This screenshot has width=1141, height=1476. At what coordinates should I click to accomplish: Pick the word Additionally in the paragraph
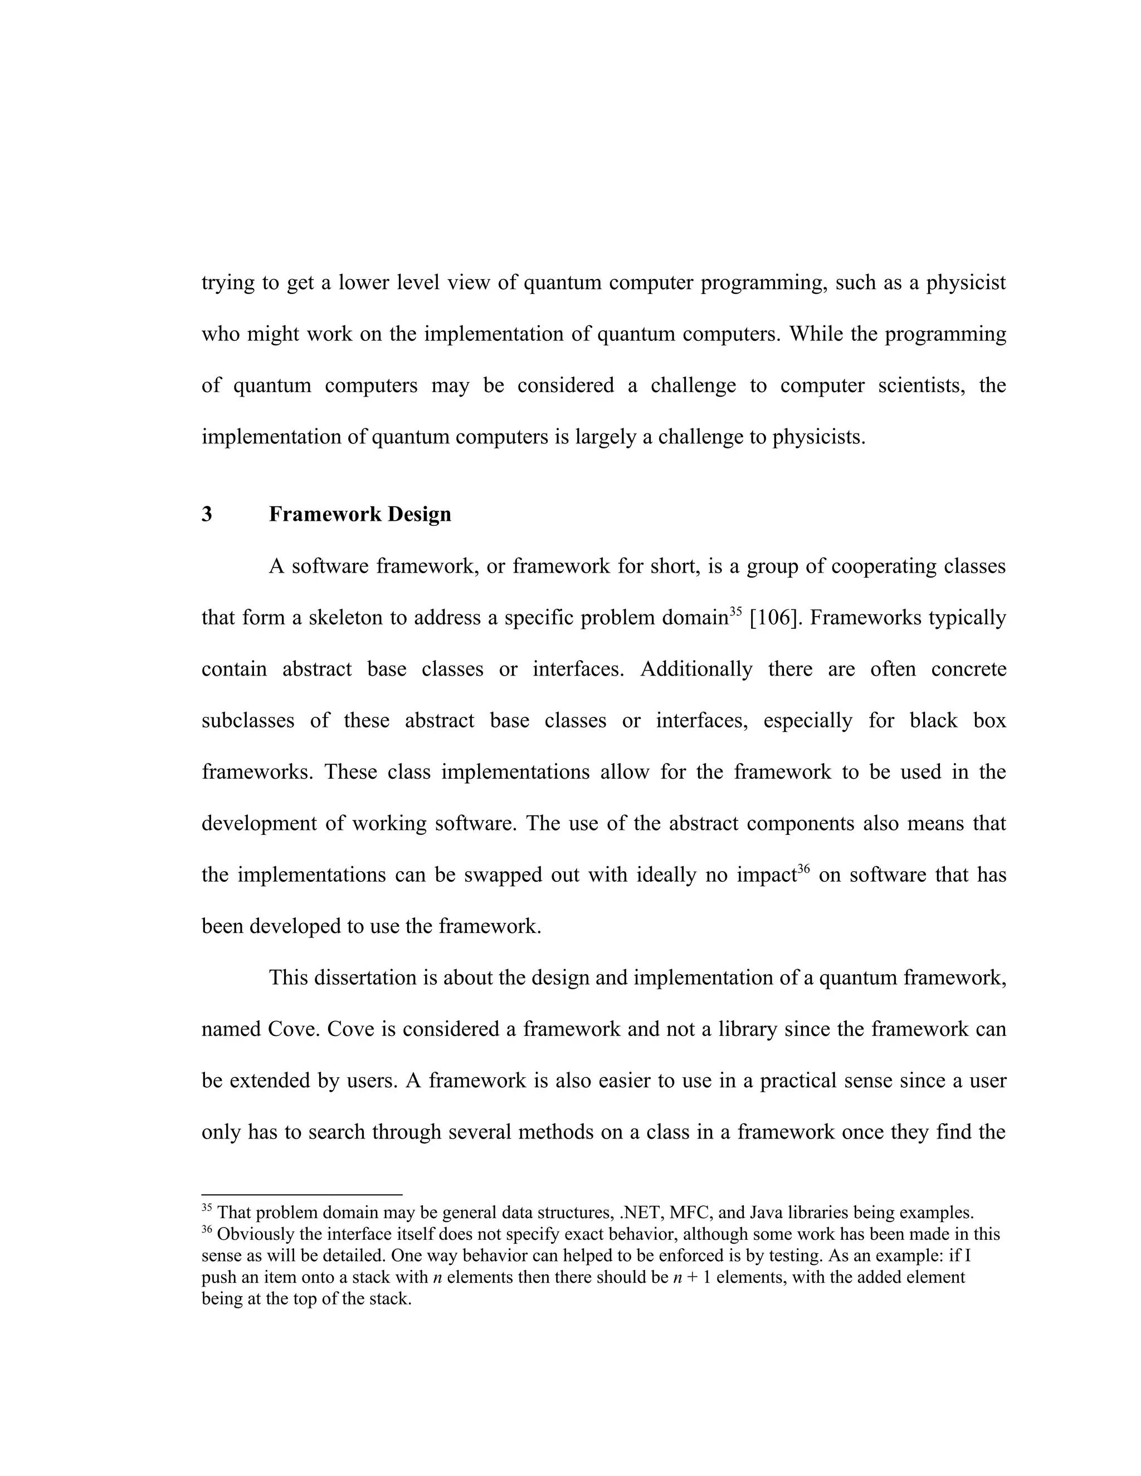pos(696,669)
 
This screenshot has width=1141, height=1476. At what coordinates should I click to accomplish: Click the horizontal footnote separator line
pos(301,1195)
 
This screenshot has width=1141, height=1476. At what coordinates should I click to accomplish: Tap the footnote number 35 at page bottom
pos(207,1208)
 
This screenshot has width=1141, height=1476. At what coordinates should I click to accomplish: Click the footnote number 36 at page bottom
pos(207,1229)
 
